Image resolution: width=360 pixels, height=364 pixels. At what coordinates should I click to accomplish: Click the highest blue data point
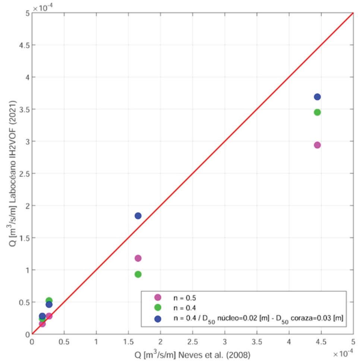pos(317,97)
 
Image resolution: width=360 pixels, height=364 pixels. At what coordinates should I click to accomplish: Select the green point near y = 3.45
pos(317,113)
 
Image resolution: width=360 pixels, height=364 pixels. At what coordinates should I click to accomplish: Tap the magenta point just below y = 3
pos(317,145)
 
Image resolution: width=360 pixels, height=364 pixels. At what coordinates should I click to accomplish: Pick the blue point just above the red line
pos(138,216)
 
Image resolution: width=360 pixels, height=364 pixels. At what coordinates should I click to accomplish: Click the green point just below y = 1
pos(138,274)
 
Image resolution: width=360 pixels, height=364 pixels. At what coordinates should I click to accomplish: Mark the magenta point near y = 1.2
pos(138,258)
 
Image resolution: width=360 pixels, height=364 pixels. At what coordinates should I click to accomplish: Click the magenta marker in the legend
pos(158,297)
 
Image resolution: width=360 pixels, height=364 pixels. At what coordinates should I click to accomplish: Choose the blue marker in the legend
pos(158,319)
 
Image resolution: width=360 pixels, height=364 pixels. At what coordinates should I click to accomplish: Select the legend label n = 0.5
pos(184,298)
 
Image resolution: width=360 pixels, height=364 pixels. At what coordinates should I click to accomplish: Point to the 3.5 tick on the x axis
pos(257,342)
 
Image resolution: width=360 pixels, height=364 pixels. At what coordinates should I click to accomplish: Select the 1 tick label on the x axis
pos(96,342)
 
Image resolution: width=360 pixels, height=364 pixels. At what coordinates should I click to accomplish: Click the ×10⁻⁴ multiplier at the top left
pos(43,8)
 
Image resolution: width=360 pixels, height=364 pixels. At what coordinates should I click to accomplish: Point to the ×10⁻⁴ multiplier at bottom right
pos(343,353)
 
